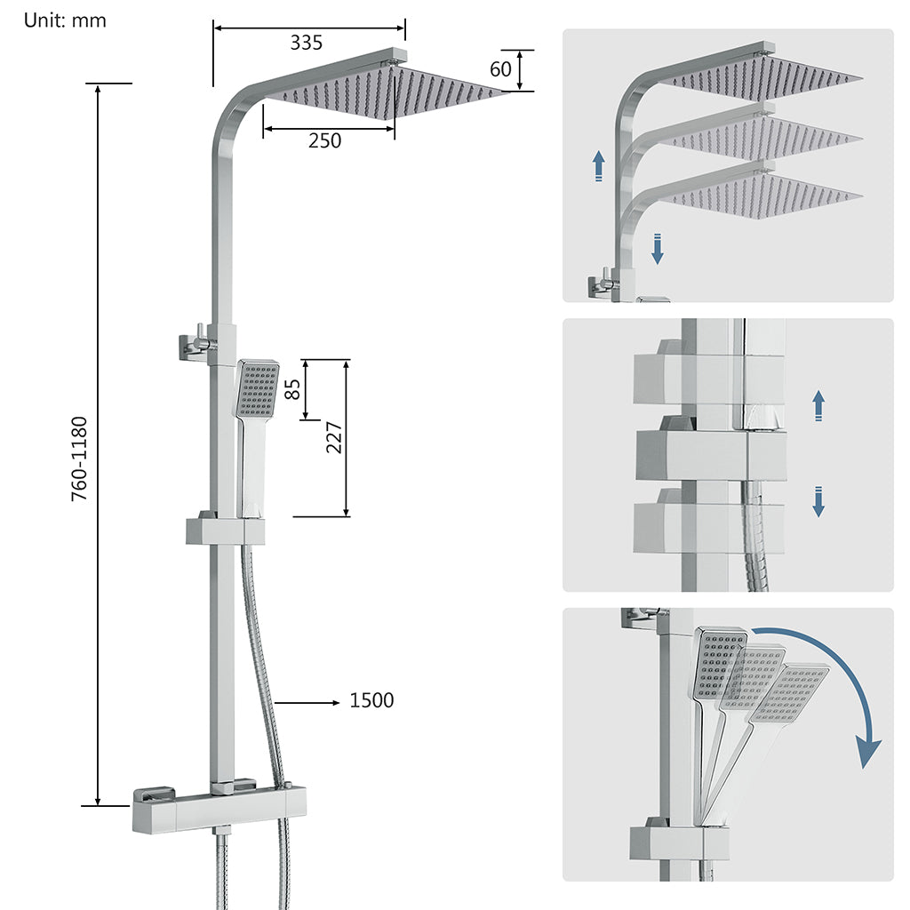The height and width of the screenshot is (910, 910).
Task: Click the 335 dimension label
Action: click(306, 42)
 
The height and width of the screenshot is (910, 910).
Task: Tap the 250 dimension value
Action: click(324, 140)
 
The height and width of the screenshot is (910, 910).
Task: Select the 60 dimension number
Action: click(501, 68)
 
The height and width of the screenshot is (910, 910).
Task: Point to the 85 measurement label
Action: click(292, 389)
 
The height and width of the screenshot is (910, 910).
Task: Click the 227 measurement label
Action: click(333, 437)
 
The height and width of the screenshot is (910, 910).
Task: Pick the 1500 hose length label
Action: click(371, 701)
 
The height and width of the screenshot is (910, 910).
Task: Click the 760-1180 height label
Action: click(80, 458)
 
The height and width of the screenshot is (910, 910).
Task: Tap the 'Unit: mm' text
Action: click(65, 20)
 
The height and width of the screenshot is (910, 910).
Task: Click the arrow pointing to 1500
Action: click(307, 702)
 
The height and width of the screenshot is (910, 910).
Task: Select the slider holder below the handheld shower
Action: click(226, 532)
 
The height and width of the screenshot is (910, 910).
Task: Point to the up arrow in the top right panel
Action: click(599, 165)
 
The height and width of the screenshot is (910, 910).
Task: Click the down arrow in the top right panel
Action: click(658, 249)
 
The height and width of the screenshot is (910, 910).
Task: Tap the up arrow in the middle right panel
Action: click(818, 405)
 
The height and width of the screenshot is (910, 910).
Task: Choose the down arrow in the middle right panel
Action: click(818, 501)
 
